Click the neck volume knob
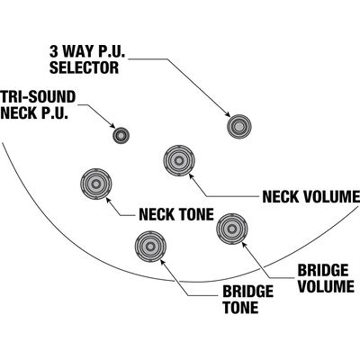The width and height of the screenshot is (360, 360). (179, 160)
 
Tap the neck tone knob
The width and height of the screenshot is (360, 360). (96, 184)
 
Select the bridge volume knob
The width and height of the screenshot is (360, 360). (232, 229)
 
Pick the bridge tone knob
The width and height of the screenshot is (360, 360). (150, 247)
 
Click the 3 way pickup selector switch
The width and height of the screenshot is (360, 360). (239, 127)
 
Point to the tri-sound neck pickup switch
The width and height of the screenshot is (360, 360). (121, 136)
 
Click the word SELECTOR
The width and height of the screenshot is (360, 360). (84, 67)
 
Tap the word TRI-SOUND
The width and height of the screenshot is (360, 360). (38, 97)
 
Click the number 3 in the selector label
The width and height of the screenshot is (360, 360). (53, 51)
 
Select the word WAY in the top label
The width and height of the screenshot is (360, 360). (76, 51)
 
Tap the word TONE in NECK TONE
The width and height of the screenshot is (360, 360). (195, 214)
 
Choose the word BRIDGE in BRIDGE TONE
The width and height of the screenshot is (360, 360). (248, 292)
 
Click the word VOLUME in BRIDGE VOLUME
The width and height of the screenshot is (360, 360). (327, 286)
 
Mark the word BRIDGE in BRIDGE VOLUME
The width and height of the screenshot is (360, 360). (323, 270)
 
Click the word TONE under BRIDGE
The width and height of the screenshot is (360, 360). (240, 307)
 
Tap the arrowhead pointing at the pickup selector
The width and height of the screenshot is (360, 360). (228, 114)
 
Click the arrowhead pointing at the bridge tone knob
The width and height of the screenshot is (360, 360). (163, 262)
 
